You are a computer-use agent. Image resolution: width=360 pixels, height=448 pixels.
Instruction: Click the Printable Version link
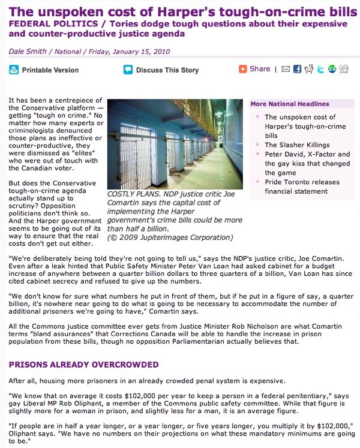coord(50,70)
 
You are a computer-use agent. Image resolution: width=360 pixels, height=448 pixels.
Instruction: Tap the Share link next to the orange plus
coord(260,69)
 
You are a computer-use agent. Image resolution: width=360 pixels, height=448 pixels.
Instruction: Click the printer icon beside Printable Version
coord(14,70)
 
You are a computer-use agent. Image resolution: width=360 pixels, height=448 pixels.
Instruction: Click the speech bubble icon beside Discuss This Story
coord(128,70)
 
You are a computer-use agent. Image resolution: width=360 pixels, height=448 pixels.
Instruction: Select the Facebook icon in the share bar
coord(297,70)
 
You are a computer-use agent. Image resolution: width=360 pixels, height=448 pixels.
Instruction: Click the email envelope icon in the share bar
coord(286,70)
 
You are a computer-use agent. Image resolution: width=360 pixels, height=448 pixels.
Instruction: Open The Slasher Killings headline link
coord(297,145)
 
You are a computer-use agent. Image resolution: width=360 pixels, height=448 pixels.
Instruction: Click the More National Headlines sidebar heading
coord(290,104)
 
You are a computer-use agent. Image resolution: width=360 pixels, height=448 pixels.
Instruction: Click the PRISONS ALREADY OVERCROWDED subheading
coord(83,365)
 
